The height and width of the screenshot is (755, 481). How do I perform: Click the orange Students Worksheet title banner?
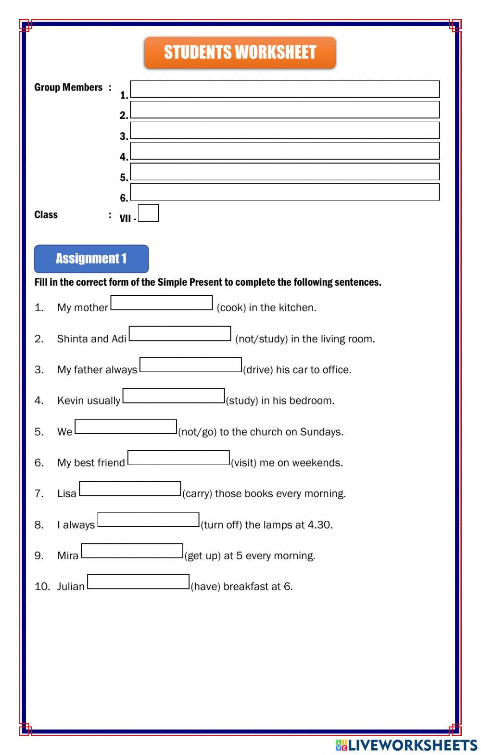pos(240,52)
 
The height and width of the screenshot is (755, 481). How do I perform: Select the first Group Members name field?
pos(285,89)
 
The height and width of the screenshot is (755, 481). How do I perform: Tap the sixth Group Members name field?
pos(285,192)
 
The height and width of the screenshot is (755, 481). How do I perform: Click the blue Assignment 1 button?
pos(91,259)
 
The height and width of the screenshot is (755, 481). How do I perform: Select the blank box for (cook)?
pos(162,303)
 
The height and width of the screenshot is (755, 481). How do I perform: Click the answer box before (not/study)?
pos(180,334)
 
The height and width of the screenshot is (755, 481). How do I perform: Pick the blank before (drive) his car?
pos(190,365)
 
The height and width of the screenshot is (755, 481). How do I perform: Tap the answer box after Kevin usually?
pos(174,396)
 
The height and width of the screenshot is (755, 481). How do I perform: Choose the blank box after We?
pos(126,427)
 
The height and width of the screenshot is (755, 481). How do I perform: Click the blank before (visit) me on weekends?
pos(178,458)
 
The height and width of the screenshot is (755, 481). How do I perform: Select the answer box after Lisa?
pos(130,489)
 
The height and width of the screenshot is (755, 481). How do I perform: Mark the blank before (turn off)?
pos(148,520)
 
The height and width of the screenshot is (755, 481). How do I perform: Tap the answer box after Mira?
pos(132,551)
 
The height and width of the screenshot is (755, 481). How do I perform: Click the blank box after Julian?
pos(138,582)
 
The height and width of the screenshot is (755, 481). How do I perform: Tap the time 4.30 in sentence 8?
pos(319,525)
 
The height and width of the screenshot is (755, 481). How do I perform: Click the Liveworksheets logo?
pos(406,745)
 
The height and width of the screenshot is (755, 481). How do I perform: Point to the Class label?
pos(46,215)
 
